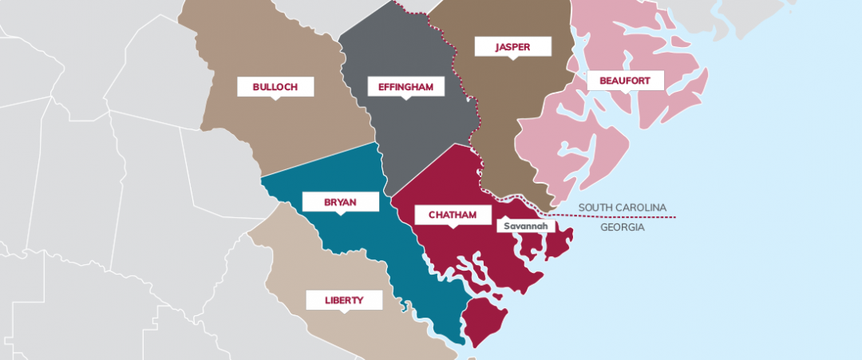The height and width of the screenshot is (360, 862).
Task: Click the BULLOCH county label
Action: (x=275, y=86)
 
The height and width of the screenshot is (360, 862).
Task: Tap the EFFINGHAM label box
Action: (x=405, y=86)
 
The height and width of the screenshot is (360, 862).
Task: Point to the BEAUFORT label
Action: (x=613, y=80)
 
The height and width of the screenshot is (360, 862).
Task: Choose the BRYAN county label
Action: (x=340, y=202)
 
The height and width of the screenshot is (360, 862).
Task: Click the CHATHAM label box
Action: (x=453, y=215)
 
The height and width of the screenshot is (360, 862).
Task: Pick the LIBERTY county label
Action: (x=344, y=300)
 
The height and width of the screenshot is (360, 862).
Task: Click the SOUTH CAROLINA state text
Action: (x=622, y=208)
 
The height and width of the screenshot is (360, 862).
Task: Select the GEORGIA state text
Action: (x=622, y=227)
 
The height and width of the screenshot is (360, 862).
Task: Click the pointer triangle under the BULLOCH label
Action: (x=275, y=98)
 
